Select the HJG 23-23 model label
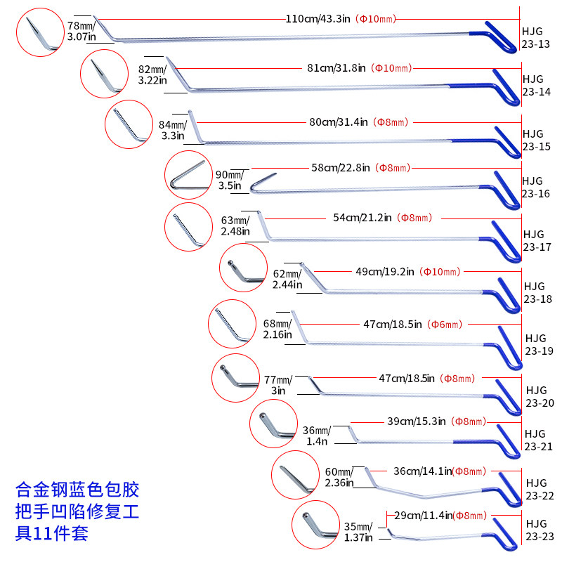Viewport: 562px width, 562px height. pyautogui.click(x=535, y=530)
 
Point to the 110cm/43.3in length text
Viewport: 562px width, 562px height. pyautogui.click(x=318, y=18)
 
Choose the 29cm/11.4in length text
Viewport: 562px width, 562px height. pyautogui.click(x=423, y=516)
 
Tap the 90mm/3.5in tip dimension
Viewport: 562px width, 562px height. pyautogui.click(x=230, y=180)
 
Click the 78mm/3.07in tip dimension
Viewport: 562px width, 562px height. pyautogui.click(x=81, y=31)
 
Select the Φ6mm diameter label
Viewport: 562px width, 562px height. pyautogui.click(x=445, y=324)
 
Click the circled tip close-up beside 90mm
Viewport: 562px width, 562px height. pyautogui.click(x=188, y=175)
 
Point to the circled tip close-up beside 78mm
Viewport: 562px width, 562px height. pyautogui.click(x=40, y=32)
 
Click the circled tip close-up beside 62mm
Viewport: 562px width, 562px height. pyautogui.click(x=242, y=269)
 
